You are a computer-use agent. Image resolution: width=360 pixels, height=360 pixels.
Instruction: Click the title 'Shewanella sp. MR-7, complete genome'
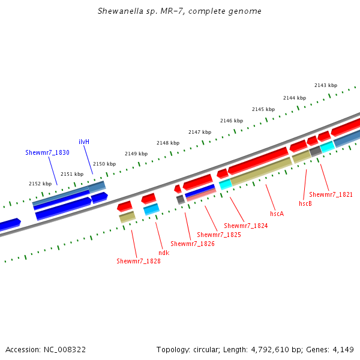pyautogui.click(x=179, y=11)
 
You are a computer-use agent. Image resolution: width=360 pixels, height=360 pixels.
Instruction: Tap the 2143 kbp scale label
pyautogui.click(x=326, y=85)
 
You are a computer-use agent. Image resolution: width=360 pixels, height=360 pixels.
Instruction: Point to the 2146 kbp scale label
pyautogui.click(x=232, y=121)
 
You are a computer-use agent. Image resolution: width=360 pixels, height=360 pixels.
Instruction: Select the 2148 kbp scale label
pyautogui.click(x=168, y=143)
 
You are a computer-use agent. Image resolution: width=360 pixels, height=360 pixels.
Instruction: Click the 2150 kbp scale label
pyautogui.click(x=104, y=164)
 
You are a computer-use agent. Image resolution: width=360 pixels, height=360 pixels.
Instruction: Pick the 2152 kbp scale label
pyautogui.click(x=40, y=184)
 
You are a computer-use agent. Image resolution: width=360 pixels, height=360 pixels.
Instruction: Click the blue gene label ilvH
pyautogui.click(x=84, y=142)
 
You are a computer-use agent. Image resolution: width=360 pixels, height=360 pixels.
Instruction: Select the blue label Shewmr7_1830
pyautogui.click(x=47, y=153)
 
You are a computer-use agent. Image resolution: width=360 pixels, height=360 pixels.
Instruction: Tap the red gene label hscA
pyautogui.click(x=277, y=214)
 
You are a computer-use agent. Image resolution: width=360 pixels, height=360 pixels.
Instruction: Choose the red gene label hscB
pyautogui.click(x=305, y=203)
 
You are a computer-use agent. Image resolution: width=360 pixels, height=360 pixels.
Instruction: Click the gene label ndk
pyautogui.click(x=164, y=253)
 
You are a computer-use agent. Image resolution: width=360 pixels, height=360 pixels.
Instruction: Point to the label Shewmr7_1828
pyautogui.click(x=139, y=261)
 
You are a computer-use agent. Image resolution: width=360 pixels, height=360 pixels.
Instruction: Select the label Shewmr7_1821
pyautogui.click(x=331, y=194)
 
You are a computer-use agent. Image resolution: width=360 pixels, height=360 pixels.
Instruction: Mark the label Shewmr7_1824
pyautogui.click(x=246, y=226)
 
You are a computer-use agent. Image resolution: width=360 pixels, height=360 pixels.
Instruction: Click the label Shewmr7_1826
pyautogui.click(x=193, y=244)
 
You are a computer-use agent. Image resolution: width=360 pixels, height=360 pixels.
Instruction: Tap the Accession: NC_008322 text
pyautogui.click(x=45, y=349)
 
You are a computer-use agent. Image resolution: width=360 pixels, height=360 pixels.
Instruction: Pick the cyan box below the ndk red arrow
pyautogui.click(x=151, y=209)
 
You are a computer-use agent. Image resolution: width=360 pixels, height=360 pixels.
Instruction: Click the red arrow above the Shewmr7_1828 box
pyautogui.click(x=125, y=206)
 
